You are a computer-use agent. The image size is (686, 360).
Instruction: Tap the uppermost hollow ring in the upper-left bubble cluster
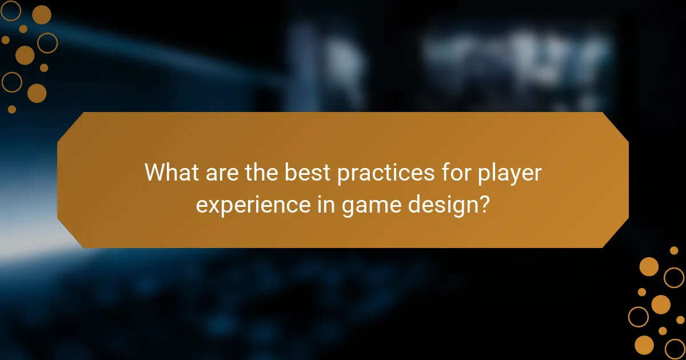click(11, 10)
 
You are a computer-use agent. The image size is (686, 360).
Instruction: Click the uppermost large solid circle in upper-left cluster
click(41, 15)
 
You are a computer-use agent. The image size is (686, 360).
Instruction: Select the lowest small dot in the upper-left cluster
click(11, 109)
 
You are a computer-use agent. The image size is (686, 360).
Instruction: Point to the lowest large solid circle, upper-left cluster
click(37, 93)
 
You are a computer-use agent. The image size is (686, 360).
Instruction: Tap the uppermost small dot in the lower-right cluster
click(674, 250)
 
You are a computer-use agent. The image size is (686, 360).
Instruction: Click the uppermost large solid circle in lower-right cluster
click(649, 266)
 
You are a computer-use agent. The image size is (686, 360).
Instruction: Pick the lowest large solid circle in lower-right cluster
click(644, 345)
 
